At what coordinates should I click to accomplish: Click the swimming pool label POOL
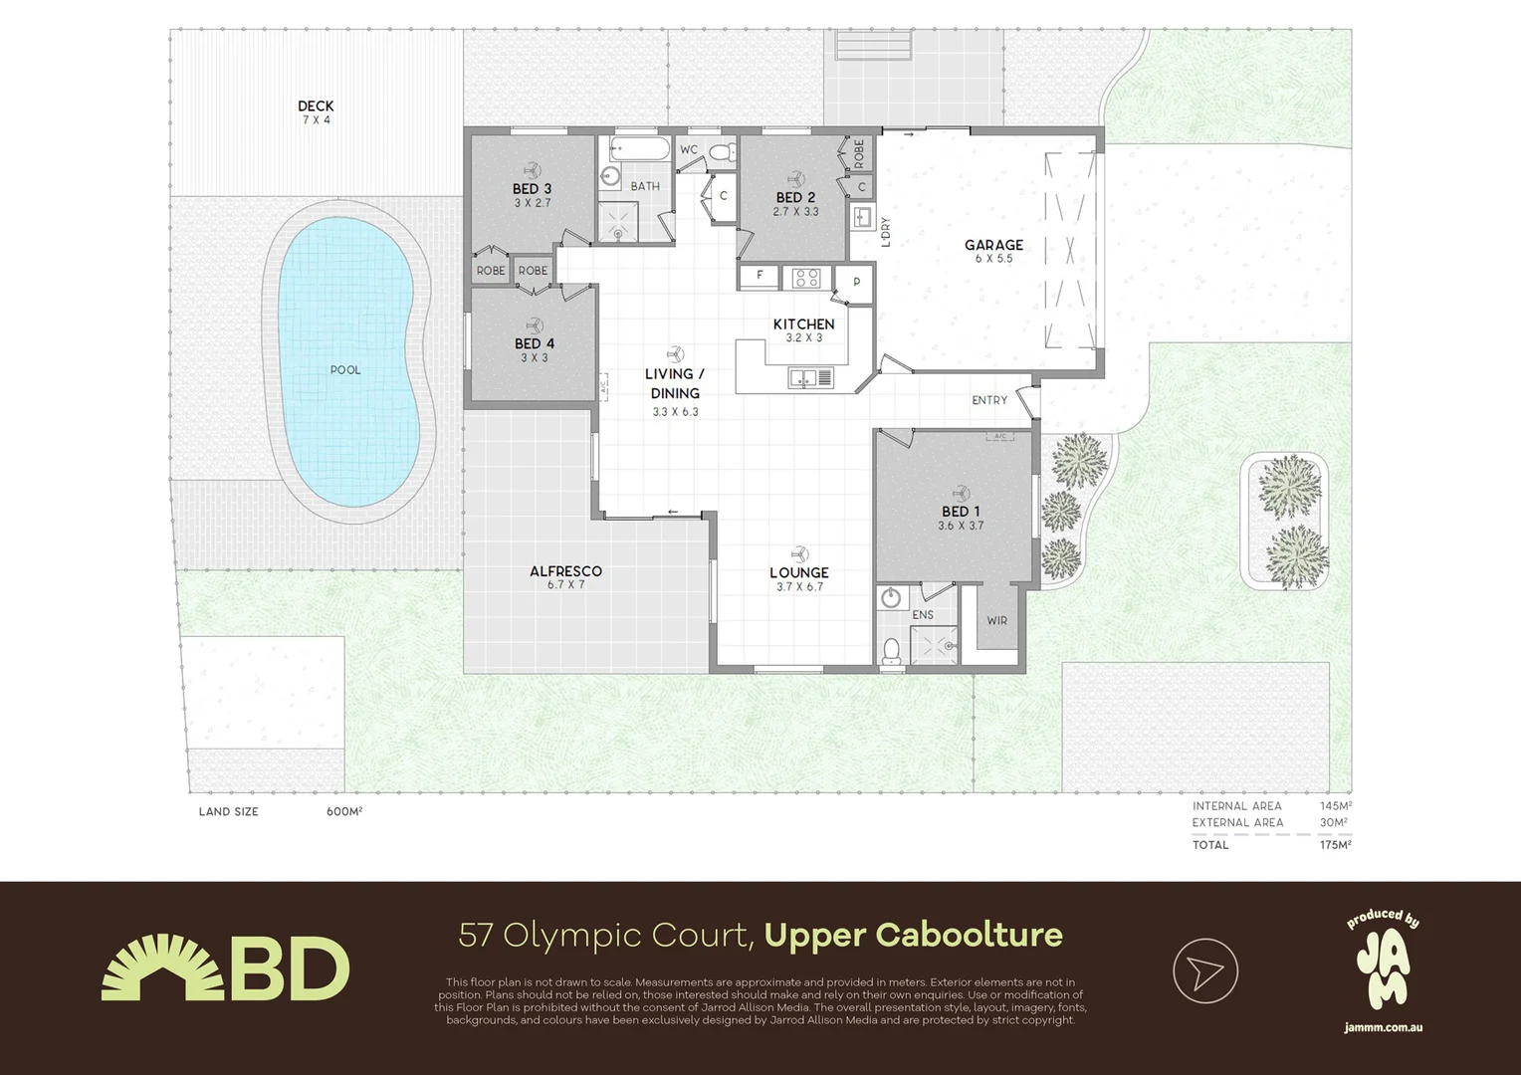pyautogui.click(x=345, y=370)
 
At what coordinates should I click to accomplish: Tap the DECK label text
pyautogui.click(x=316, y=106)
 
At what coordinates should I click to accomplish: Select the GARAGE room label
pyautogui.click(x=993, y=245)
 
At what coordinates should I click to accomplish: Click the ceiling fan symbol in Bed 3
pyautogui.click(x=533, y=169)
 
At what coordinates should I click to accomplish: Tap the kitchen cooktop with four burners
pyautogui.click(x=805, y=278)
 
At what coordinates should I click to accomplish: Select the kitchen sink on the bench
pyautogui.click(x=809, y=377)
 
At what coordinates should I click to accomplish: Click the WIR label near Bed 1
pyautogui.click(x=996, y=620)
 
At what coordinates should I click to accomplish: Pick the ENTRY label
pyautogui.click(x=989, y=400)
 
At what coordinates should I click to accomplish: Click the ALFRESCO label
pyautogui.click(x=565, y=571)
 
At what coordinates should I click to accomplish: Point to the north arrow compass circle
pyautogui.click(x=1204, y=970)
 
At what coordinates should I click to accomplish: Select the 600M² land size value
pyautogui.click(x=344, y=811)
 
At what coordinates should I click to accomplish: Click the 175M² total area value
pyautogui.click(x=1334, y=845)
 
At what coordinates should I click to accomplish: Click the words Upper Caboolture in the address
pyautogui.click(x=913, y=936)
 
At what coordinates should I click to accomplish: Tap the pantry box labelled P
pyautogui.click(x=856, y=283)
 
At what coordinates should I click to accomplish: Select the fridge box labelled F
pyautogui.click(x=760, y=275)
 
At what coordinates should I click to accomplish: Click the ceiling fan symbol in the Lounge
pyautogui.click(x=799, y=553)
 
